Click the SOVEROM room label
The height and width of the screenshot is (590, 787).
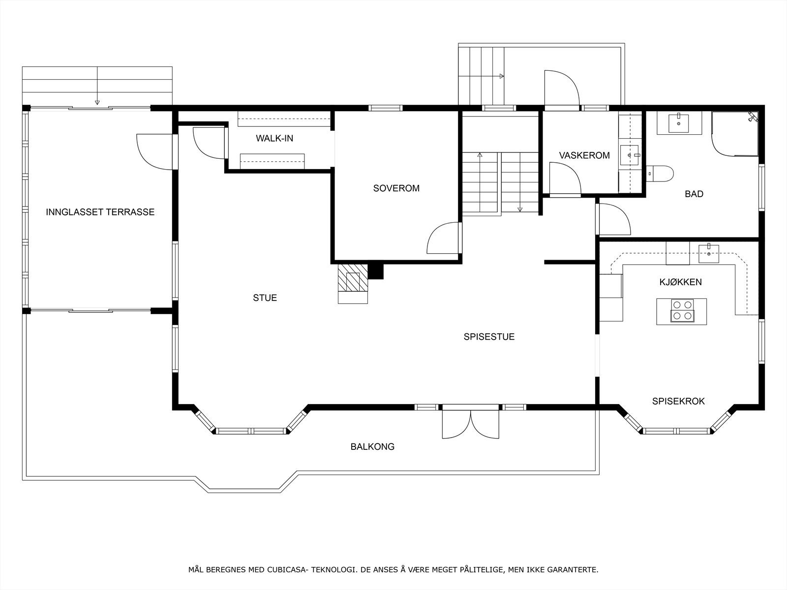(x=396, y=188)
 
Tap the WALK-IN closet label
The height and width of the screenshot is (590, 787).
(x=274, y=138)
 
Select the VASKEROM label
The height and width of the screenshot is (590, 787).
(x=584, y=155)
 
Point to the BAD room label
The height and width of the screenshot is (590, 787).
(x=694, y=194)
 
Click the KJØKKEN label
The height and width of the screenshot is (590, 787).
(x=681, y=282)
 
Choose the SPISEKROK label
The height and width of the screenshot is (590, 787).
(x=678, y=401)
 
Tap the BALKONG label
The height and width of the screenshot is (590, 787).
(x=372, y=446)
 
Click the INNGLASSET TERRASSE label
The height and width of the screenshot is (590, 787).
(x=100, y=212)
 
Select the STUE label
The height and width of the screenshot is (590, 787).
(x=265, y=297)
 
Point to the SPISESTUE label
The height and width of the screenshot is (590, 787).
(x=489, y=337)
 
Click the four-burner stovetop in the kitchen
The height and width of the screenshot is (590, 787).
(x=682, y=310)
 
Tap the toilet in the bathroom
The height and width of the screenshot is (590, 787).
(x=660, y=174)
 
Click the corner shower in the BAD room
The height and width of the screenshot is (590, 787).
(x=735, y=134)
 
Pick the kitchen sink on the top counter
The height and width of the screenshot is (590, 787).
(x=709, y=253)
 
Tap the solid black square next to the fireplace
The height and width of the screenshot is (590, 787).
(x=376, y=271)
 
